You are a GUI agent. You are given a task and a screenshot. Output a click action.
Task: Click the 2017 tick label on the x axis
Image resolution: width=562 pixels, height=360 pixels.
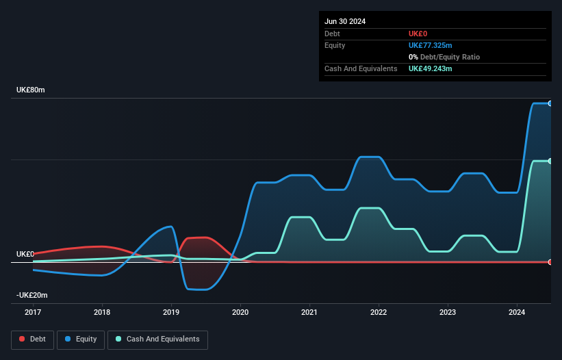[x=33, y=312]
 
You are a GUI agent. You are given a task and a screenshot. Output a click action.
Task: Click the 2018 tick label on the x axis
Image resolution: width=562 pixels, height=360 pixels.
[x=102, y=312]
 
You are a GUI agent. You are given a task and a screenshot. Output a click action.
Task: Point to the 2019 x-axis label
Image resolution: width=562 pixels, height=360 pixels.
[x=171, y=312]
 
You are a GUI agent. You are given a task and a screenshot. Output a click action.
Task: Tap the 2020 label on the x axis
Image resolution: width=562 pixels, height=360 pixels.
[x=240, y=312]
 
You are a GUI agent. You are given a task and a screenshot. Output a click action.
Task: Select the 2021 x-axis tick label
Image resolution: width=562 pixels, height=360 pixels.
[x=309, y=312]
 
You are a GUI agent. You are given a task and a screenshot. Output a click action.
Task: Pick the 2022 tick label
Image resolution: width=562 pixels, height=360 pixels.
[x=379, y=312]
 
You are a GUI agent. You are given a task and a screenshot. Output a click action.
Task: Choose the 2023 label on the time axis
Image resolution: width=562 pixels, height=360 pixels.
[x=448, y=312]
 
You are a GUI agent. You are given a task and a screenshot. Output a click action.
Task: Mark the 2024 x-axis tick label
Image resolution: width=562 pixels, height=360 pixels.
[x=517, y=312]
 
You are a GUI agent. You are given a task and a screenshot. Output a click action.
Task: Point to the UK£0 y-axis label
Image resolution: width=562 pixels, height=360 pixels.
[x=25, y=254]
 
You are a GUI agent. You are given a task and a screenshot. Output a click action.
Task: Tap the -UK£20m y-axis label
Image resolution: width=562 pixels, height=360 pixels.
[x=31, y=295]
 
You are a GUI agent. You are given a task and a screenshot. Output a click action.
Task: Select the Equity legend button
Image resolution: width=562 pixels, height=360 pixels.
[x=81, y=339]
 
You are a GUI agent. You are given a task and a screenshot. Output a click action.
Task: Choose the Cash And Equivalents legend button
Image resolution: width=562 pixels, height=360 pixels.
[x=157, y=339]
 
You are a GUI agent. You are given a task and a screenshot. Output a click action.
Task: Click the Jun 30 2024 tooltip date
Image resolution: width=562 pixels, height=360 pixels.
[x=345, y=21]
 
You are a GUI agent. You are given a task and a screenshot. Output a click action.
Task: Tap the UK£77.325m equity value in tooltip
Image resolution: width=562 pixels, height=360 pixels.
[x=431, y=45]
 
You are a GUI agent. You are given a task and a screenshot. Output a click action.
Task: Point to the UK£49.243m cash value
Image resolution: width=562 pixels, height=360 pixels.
[x=431, y=68]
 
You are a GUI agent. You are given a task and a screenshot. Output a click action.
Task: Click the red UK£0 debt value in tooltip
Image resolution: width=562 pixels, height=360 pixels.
[x=418, y=34]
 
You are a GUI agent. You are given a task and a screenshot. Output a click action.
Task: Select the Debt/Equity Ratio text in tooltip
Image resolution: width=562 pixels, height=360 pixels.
[x=450, y=57]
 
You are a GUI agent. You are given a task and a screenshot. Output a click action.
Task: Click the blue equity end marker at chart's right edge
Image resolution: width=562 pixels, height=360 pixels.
[x=550, y=103]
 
